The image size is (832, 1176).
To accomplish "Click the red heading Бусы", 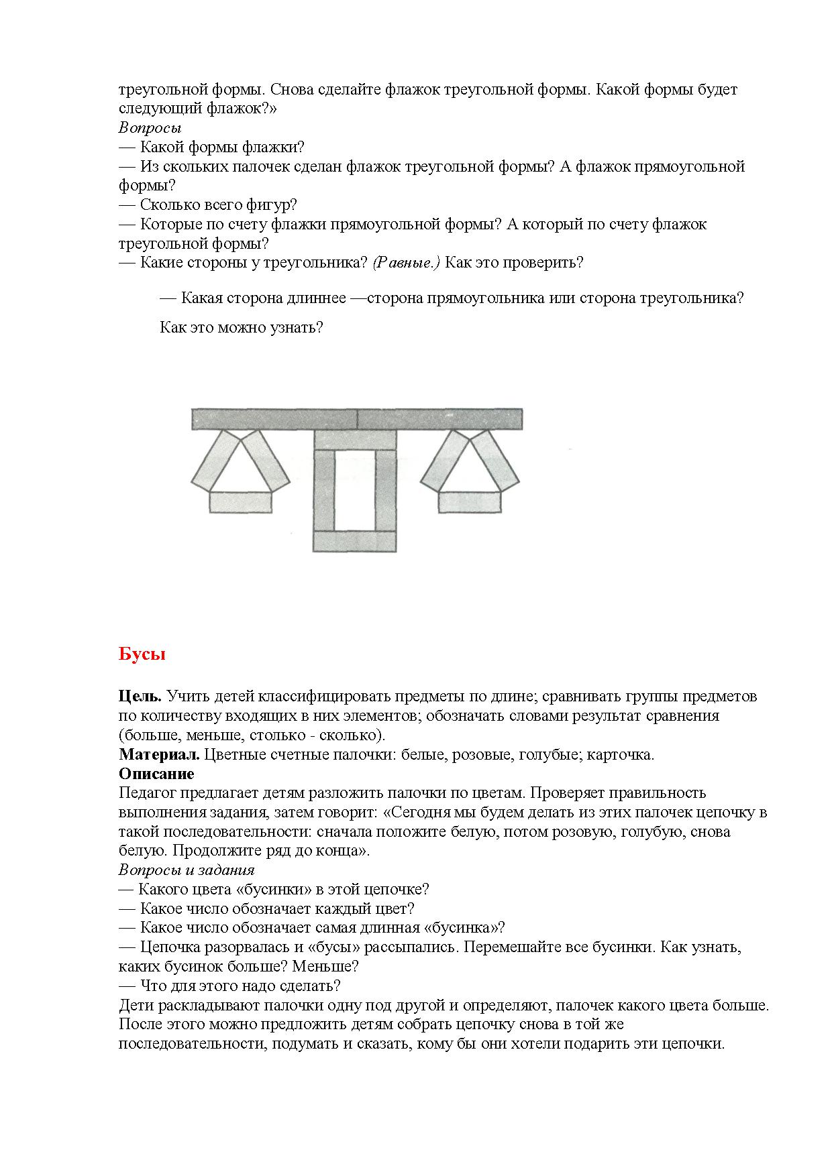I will coord(142,654).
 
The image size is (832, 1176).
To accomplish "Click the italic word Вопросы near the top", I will coord(150,127).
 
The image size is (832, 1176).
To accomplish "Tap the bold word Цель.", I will coord(140,697).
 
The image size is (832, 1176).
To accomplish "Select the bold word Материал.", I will coord(159,755).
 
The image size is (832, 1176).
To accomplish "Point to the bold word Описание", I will coord(156,774).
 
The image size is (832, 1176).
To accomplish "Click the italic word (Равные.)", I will coord(406,263).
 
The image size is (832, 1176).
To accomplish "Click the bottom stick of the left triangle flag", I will coord(240,502).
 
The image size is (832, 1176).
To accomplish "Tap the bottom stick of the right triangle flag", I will coord(470,502).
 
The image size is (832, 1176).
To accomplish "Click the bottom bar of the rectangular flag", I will coord(354,541).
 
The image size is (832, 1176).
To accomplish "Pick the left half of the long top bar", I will coord(274,419).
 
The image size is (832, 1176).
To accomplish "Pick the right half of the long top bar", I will coord(439,419).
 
